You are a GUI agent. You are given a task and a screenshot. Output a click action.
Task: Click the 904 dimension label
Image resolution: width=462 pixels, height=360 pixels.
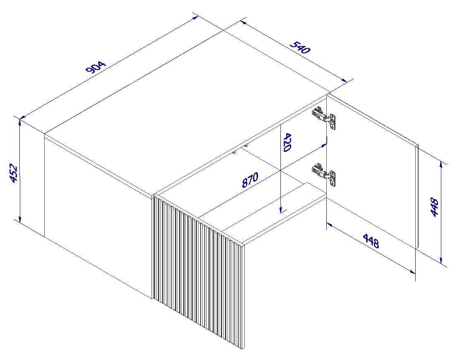[96, 67]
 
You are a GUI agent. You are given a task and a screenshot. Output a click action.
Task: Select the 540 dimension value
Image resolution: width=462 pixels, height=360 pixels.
[300, 47]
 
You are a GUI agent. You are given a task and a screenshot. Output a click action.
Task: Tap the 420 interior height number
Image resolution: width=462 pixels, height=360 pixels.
[287, 142]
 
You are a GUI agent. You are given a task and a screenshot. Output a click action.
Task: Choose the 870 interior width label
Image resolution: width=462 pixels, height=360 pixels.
[250, 180]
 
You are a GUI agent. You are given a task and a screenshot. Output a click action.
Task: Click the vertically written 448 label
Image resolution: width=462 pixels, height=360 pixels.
[434, 208]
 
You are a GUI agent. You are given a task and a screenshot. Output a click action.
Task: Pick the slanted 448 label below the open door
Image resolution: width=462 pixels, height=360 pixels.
[371, 241]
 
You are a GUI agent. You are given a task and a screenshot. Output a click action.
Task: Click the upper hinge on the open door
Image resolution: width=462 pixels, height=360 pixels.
[324, 118]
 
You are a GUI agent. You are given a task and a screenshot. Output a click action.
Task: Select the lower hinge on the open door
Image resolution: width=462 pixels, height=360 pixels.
[324, 175]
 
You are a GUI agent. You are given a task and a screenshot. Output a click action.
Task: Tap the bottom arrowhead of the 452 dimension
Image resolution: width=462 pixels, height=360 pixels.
[20, 219]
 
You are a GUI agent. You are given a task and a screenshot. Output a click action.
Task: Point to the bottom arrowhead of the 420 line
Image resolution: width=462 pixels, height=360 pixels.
[281, 210]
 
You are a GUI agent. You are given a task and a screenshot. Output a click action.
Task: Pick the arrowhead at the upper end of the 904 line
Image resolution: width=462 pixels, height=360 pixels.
[195, 17]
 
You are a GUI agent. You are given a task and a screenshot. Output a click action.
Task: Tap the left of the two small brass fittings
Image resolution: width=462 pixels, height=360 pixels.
[235, 152]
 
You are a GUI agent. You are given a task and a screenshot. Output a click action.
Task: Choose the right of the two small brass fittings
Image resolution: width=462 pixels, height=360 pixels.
[246, 145]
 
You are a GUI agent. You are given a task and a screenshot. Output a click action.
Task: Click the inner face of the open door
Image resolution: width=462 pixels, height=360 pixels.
[371, 171]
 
